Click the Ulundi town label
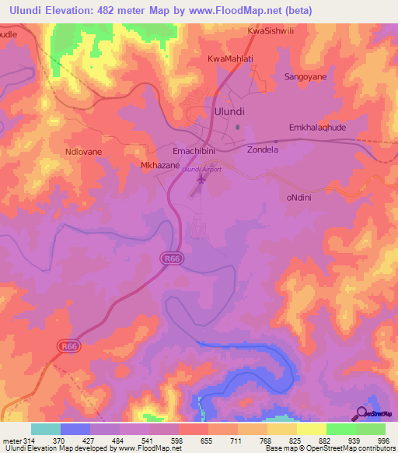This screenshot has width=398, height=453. tap(229, 111)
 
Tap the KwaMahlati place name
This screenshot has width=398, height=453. tap(231, 59)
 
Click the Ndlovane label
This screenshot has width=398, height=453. tap(84, 153)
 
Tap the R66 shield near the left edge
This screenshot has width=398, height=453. tap(69, 342)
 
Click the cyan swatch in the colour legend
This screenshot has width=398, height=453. tap(46, 429)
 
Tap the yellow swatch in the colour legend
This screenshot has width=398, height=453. tap(312, 429)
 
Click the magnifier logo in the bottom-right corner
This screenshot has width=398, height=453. tap(362, 413)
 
